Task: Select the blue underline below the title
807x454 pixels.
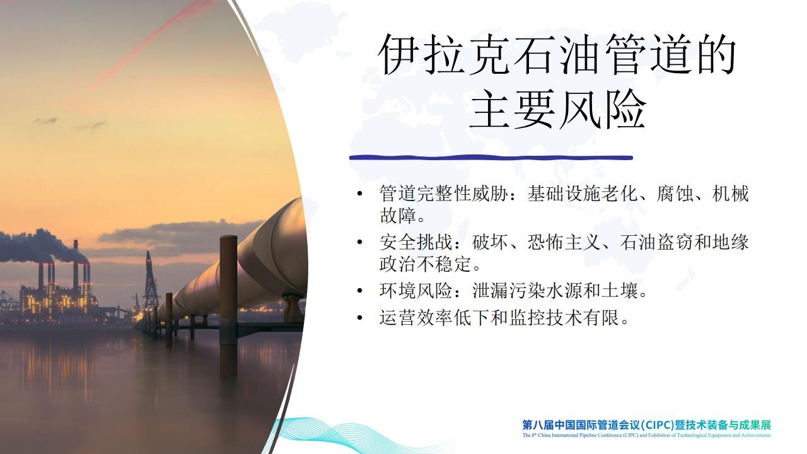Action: click(x=491, y=158)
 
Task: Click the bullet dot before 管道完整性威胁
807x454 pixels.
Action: click(x=359, y=194)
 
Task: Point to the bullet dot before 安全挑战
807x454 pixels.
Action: click(x=359, y=242)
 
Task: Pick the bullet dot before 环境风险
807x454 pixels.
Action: click(x=359, y=291)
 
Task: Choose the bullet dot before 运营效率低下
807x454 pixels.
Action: click(x=359, y=318)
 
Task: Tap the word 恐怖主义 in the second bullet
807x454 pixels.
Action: click(x=564, y=242)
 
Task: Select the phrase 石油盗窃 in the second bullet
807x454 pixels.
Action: click(x=656, y=242)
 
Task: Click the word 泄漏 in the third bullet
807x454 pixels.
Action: click(x=490, y=291)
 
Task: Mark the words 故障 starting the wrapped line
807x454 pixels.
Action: click(x=398, y=216)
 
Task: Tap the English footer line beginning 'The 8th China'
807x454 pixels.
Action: click(x=647, y=435)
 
